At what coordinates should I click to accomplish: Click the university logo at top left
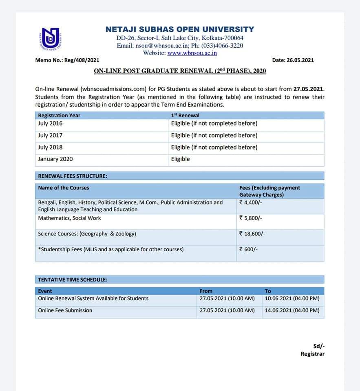pos(50,40)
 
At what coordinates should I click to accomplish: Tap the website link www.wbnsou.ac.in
pos(192,53)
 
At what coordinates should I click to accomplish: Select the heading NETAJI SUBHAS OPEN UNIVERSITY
pos(180,29)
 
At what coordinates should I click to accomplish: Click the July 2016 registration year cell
pos(50,123)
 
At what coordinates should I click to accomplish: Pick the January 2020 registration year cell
pos(55,159)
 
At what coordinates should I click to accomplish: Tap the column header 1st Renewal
pos(185,116)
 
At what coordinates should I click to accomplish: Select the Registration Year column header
pos(59,116)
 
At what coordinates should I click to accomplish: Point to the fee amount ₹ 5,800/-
pos(251,218)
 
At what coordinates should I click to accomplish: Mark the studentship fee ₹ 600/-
pos(248,250)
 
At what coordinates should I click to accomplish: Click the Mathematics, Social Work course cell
pos(69,218)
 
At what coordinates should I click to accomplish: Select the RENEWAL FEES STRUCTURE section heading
pos(73,176)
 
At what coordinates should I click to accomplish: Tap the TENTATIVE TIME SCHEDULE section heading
pos(73,280)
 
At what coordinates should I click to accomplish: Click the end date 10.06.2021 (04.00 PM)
pos(292,299)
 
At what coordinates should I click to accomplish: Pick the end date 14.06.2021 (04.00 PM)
pos(292,310)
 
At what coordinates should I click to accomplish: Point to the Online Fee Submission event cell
pos(65,310)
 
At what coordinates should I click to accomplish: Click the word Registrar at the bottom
pos(312,354)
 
